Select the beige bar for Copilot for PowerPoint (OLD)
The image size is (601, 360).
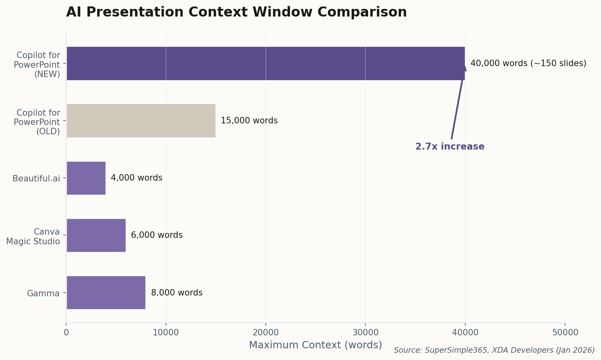(x=141, y=121)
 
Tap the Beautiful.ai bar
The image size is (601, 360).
(x=86, y=178)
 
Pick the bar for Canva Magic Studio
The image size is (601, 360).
(x=96, y=235)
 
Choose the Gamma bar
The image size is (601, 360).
(x=106, y=293)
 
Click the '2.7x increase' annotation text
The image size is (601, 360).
(x=450, y=147)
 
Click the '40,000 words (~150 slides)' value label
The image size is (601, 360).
(x=528, y=63)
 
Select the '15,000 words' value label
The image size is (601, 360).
(x=249, y=121)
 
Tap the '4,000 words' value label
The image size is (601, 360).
(x=137, y=178)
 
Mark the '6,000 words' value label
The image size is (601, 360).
(x=157, y=235)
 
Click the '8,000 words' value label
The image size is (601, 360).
(x=176, y=293)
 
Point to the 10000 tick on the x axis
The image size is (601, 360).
(x=166, y=333)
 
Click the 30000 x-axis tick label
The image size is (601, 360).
(x=365, y=333)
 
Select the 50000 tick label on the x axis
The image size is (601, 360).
(x=564, y=333)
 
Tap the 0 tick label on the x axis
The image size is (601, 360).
(x=66, y=333)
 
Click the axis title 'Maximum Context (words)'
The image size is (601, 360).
(x=315, y=345)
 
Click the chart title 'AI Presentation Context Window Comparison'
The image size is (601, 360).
(x=236, y=12)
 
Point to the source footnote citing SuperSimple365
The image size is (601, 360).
(x=494, y=350)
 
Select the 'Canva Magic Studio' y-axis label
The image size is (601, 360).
(x=33, y=237)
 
